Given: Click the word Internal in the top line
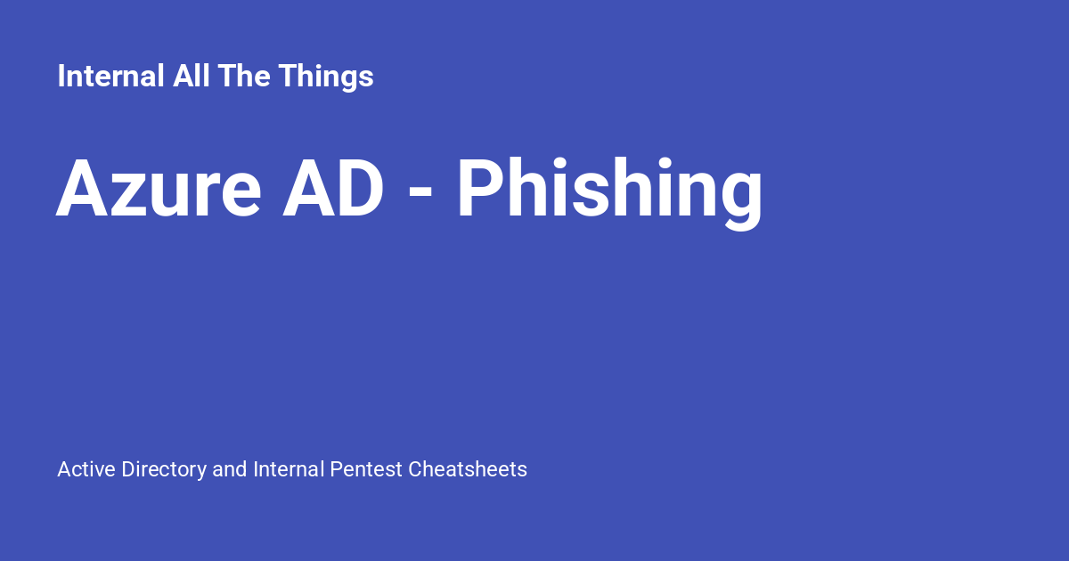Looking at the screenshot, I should [x=110, y=77].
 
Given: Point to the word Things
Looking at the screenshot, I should [x=325, y=77].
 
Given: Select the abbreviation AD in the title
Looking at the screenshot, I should [x=334, y=190].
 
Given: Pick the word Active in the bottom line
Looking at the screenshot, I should [x=86, y=469].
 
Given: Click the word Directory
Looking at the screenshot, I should [x=163, y=469].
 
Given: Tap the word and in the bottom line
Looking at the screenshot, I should [x=230, y=469].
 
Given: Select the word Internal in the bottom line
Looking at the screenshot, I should [x=289, y=469].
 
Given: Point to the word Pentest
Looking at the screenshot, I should [x=366, y=469].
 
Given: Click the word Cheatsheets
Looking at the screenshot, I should [x=468, y=469].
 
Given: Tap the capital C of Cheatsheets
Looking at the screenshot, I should [x=415, y=469].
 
